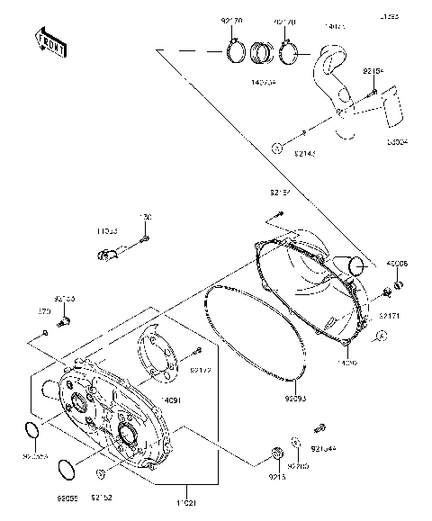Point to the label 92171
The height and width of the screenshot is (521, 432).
pos(389,316)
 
